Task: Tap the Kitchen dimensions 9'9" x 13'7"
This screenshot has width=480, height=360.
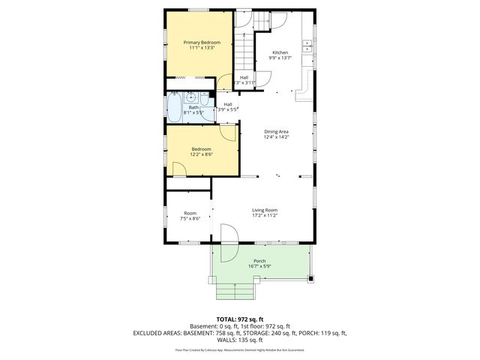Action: coord(280,58)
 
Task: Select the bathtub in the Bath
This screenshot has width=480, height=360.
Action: coord(174,107)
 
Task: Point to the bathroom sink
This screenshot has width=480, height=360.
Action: coord(192,97)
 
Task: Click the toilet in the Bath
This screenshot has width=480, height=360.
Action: coord(204,97)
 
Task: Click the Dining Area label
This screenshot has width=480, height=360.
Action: coord(276,132)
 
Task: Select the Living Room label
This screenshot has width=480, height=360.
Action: coord(265,210)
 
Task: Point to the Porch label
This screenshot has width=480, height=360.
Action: coord(259,261)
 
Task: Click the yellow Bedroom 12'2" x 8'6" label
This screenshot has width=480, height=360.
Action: coord(201,149)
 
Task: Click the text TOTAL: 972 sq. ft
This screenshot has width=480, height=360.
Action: coord(240,319)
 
